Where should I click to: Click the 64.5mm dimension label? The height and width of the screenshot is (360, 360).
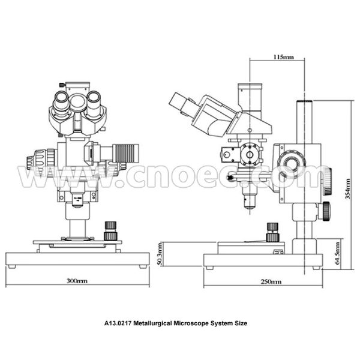[x=340, y=253]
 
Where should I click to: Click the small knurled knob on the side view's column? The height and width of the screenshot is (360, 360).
[x=325, y=210]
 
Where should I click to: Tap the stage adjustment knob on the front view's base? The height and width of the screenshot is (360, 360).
[x=110, y=230]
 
